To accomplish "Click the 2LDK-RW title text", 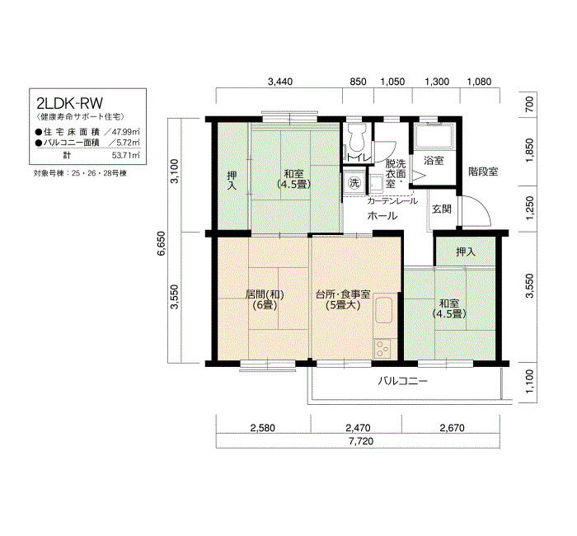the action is click(x=69, y=103).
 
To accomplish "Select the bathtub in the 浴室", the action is click(x=434, y=136).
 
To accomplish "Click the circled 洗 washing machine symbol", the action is click(x=354, y=182).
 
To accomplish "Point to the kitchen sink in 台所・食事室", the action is click(x=383, y=310).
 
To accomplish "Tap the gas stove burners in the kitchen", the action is click(x=382, y=348).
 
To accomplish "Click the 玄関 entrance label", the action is click(x=442, y=209).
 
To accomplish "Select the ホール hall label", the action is click(x=382, y=216).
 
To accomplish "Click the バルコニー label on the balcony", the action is click(x=403, y=381).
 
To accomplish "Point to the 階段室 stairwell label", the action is click(x=483, y=172).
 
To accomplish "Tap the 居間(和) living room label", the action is click(x=265, y=294).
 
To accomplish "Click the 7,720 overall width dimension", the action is click(x=361, y=441).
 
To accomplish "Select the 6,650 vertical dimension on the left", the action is click(x=162, y=243).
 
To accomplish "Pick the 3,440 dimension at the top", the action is click(x=280, y=82).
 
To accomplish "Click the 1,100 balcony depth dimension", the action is click(x=529, y=381).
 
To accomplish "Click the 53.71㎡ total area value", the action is click(x=126, y=155).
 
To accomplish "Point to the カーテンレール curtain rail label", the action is click(x=392, y=201).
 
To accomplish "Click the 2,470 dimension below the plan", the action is click(x=358, y=428).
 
